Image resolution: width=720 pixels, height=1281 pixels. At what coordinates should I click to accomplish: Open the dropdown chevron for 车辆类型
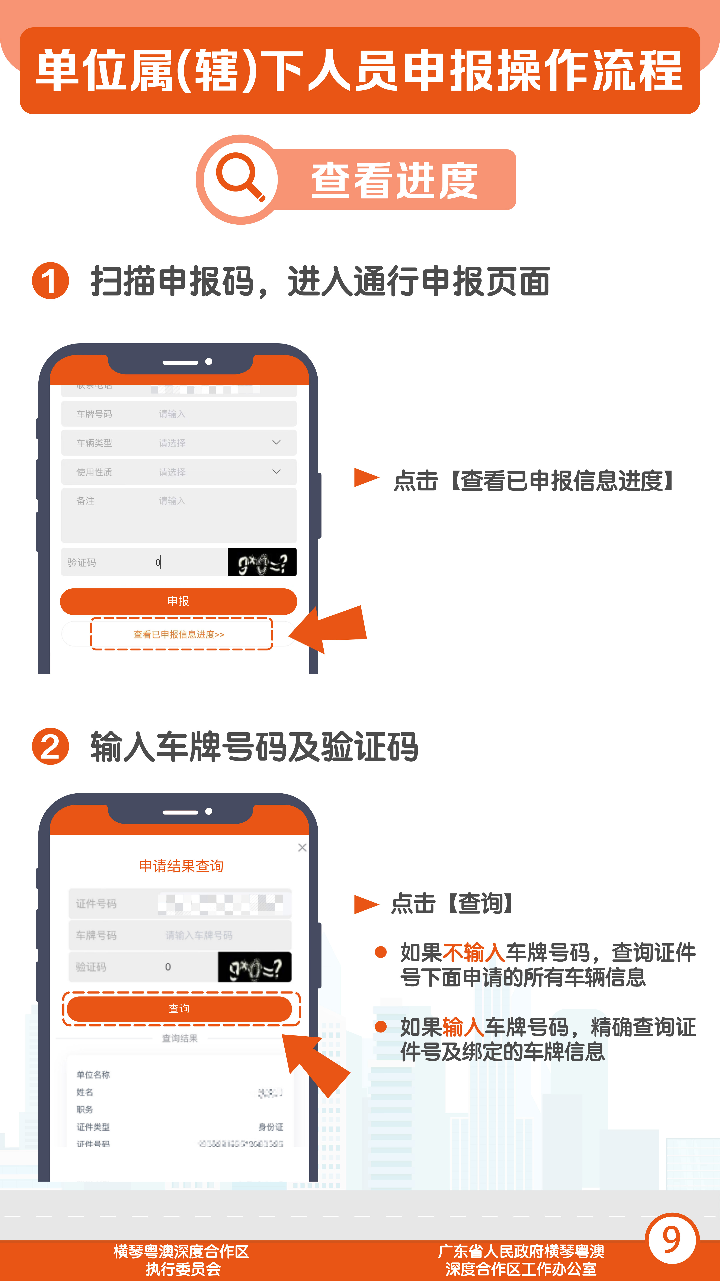(276, 442)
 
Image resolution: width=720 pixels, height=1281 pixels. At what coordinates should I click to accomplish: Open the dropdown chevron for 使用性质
(276, 471)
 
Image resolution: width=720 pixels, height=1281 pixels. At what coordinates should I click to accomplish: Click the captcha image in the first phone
(262, 562)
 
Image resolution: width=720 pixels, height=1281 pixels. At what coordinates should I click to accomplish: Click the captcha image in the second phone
(255, 967)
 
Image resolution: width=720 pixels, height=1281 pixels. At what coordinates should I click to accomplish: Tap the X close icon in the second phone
(302, 847)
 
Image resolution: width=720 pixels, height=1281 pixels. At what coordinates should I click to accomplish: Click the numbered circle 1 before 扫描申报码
(50, 281)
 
